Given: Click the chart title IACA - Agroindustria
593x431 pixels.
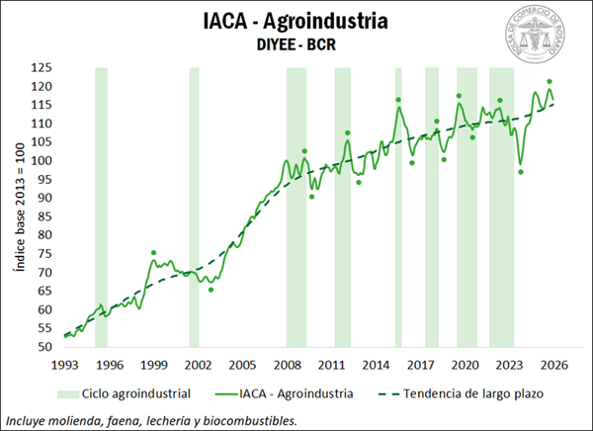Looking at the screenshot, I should point(296,22).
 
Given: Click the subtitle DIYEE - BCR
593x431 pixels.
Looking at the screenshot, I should point(296,44).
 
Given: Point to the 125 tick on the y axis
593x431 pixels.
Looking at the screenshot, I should point(42,68).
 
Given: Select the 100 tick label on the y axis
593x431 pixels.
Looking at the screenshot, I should point(42,161).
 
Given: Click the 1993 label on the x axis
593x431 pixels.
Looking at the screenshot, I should point(64,364).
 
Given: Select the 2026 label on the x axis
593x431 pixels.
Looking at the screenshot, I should point(554,364).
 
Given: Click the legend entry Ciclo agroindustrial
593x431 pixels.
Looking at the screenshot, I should point(137,392).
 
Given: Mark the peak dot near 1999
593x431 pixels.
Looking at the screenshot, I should point(153,253).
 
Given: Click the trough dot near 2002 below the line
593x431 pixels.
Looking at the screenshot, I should point(211,290).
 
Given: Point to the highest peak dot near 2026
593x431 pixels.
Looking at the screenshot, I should point(549,82).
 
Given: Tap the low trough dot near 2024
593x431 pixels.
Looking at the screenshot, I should point(521,172).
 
